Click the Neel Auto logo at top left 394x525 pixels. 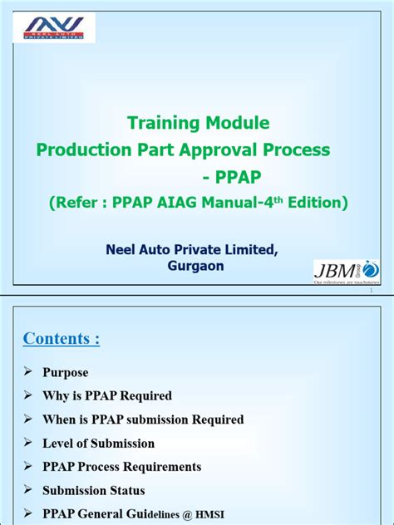pos(59,27)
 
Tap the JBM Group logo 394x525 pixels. pos(346,270)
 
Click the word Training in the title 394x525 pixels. pos(163,123)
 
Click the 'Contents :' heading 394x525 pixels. pos(62,338)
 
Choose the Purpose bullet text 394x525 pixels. pos(66,372)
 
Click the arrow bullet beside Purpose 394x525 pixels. pos(28,372)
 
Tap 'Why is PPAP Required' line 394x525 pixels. pos(107,395)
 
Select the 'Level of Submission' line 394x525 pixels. pos(99,443)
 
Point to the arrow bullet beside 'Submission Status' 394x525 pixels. pos(28,490)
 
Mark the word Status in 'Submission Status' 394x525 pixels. pos(125,490)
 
